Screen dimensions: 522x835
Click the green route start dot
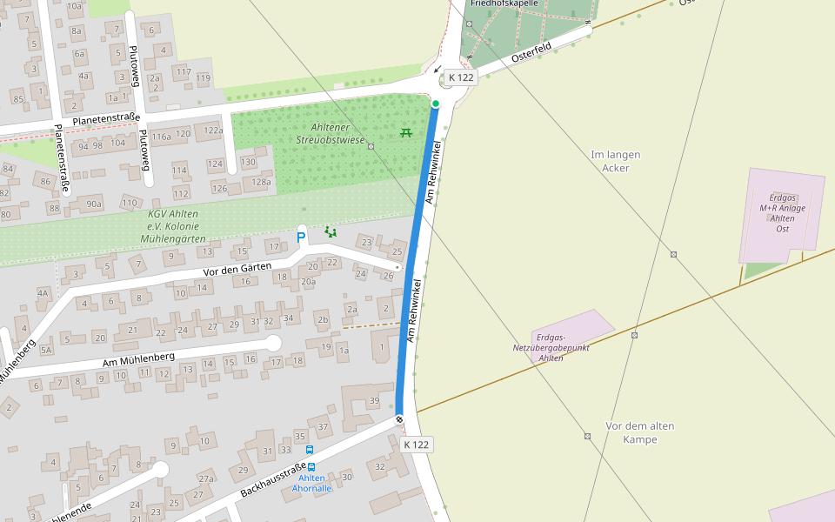tap(436, 104)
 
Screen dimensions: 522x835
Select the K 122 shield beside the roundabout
tap(461, 78)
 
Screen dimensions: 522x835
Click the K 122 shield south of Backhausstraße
tap(417, 445)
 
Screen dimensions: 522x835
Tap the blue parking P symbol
tap(302, 237)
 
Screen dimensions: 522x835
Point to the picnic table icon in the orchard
tap(405, 132)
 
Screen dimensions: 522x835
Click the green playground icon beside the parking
tap(330, 231)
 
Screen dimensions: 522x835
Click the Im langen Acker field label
tap(615, 161)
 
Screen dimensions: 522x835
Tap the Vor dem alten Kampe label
tap(639, 432)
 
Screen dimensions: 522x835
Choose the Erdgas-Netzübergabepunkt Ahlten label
tap(551, 347)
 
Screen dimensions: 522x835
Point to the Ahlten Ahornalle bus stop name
tap(311, 483)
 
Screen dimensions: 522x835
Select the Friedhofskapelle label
tap(504, 3)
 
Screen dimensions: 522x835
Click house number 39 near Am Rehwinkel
tap(374, 400)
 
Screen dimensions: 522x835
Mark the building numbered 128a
tap(261, 182)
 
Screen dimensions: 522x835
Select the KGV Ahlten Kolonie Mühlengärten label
tap(172, 225)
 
